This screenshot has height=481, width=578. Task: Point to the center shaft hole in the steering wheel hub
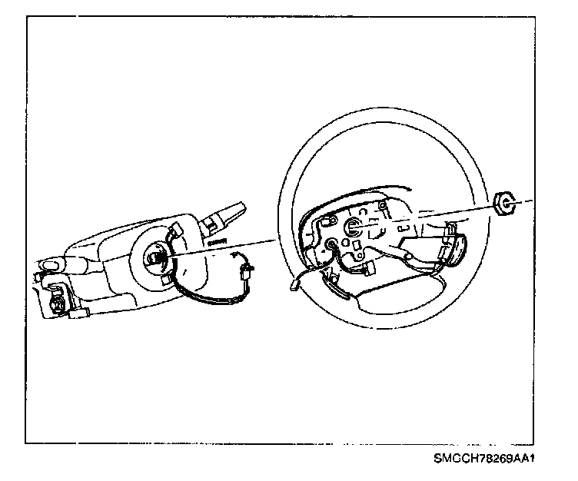pos(356,227)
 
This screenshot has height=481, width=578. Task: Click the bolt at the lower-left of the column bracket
pos(56,304)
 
